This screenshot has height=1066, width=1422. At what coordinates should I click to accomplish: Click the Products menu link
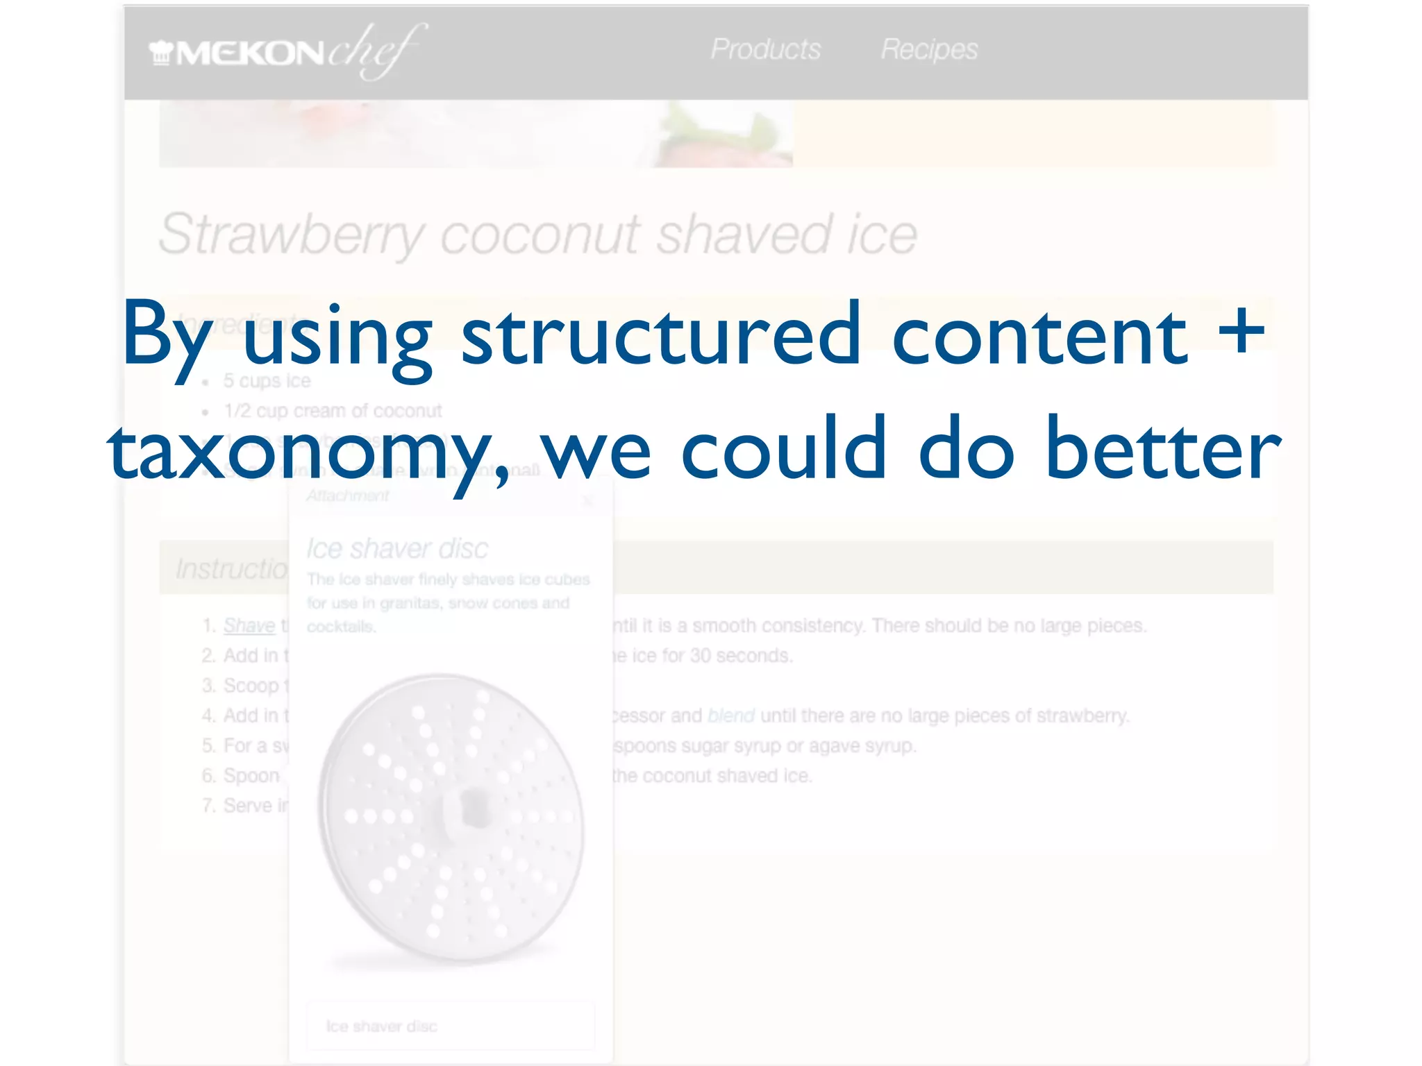765,49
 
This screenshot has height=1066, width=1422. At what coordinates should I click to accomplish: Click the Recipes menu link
929,49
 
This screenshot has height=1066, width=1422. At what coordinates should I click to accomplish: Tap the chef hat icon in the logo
161,53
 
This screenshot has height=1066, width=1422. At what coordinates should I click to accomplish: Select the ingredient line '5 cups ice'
267,381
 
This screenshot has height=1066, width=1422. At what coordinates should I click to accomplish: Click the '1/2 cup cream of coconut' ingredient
333,411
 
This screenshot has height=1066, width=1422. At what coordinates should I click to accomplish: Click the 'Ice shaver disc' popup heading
397,548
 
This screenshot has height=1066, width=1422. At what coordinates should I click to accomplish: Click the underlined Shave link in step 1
249,625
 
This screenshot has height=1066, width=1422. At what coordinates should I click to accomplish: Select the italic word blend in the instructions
730,716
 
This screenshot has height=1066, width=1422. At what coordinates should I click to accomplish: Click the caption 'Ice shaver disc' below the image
382,1026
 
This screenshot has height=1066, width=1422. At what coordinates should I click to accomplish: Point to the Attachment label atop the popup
348,496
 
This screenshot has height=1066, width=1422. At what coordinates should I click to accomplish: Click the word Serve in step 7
247,806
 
